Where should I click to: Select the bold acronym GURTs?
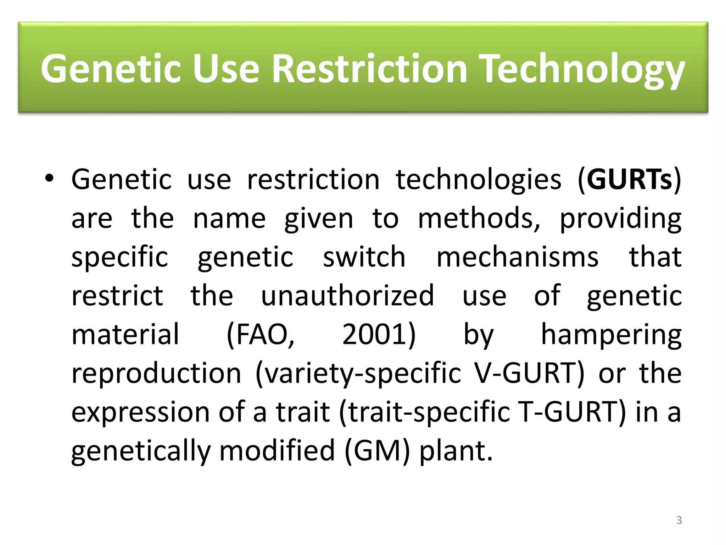629,180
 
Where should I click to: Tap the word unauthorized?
347,296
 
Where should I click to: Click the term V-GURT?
528,373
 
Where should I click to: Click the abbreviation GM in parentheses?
377,451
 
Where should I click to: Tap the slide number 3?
679,520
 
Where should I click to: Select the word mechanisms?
518,257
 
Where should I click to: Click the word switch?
364,257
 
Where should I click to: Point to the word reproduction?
156,374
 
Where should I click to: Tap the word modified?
277,451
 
